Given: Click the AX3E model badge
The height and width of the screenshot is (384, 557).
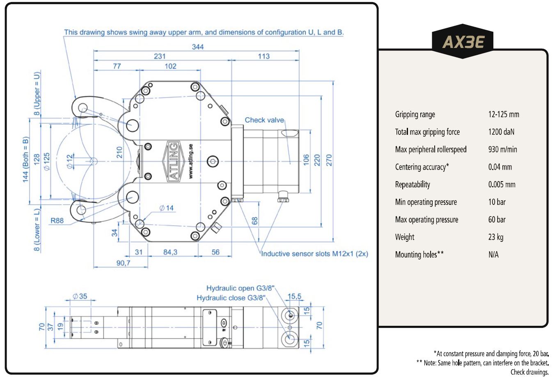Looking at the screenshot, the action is pyautogui.click(x=463, y=41).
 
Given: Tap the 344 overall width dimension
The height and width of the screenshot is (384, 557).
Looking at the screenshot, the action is pyautogui.click(x=198, y=47).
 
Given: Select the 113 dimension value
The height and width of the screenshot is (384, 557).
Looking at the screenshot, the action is pyautogui.click(x=264, y=56).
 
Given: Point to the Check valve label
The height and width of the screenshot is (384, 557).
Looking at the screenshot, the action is pyautogui.click(x=264, y=120).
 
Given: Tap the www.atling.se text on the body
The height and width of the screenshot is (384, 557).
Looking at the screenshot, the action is pyautogui.click(x=191, y=161).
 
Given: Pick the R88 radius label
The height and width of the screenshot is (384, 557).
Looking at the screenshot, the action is pyautogui.click(x=57, y=220).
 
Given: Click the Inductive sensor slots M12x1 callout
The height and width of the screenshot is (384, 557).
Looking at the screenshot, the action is pyautogui.click(x=314, y=254).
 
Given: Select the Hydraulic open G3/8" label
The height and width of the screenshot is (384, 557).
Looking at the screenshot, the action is pyautogui.click(x=240, y=288).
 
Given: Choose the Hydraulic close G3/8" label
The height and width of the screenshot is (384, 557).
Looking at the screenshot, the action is pyautogui.click(x=231, y=298).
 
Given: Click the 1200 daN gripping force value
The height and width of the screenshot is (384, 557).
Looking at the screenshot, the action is pyautogui.click(x=501, y=132).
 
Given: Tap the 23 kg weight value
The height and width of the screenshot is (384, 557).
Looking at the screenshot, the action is pyautogui.click(x=496, y=237).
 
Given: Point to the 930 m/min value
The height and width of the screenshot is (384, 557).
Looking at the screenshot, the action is pyautogui.click(x=502, y=150).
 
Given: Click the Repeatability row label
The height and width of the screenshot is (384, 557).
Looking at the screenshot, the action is pyautogui.click(x=413, y=184).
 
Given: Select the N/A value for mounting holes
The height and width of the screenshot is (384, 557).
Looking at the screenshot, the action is pyautogui.click(x=493, y=254).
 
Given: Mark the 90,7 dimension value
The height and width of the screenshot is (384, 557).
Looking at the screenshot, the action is pyautogui.click(x=123, y=263).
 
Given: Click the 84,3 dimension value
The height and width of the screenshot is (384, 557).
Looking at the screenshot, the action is pyautogui.click(x=170, y=252).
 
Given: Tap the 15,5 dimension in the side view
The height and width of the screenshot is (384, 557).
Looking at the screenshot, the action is pyautogui.click(x=294, y=296).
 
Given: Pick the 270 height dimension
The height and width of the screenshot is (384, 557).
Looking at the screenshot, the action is pyautogui.click(x=329, y=160).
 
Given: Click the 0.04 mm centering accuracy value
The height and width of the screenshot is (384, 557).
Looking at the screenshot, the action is pyautogui.click(x=500, y=167).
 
